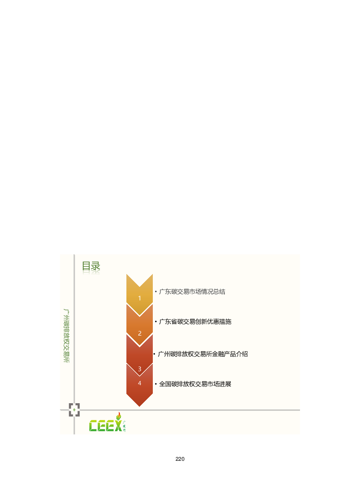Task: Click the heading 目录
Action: pos(91,266)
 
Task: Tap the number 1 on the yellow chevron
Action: pos(140,298)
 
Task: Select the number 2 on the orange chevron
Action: pos(140,333)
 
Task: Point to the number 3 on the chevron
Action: pos(140,369)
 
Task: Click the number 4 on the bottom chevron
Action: pos(140,383)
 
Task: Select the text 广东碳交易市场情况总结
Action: pos(192,292)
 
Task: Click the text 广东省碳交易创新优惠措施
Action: pos(195,322)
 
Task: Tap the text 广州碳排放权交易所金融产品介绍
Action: pos(203,354)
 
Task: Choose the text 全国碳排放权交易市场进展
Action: pos(195,384)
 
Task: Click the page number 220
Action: pos(180,459)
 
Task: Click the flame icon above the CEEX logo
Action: pos(119,416)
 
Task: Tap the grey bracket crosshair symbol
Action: pos(74,410)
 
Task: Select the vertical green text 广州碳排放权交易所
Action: pos(66,336)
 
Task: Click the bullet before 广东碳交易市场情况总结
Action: pos(156,292)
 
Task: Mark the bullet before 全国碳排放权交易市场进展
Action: pos(156,384)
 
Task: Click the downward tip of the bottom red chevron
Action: pos(140,406)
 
